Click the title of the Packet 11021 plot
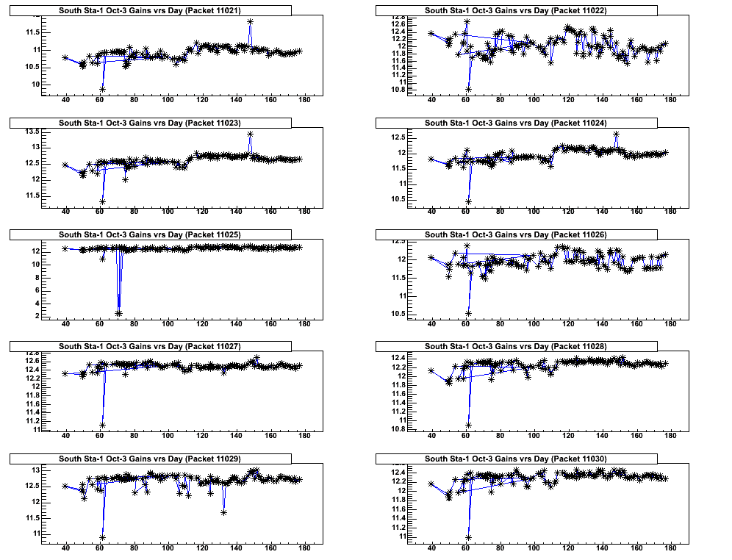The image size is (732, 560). [x=150, y=10]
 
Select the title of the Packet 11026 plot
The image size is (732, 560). [x=516, y=234]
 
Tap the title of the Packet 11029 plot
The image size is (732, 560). [x=150, y=459]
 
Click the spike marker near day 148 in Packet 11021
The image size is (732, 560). [x=251, y=22]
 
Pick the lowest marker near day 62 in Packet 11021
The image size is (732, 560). [x=103, y=89]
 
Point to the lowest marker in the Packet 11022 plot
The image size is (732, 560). [x=469, y=90]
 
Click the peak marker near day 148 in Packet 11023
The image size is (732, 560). [x=251, y=134]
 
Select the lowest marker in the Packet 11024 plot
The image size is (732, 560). [x=469, y=201]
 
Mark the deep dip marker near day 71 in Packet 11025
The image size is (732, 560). [x=118, y=313]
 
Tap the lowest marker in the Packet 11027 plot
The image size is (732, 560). [x=103, y=425]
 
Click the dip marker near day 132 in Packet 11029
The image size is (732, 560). [x=223, y=512]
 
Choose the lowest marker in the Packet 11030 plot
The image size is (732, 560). [x=469, y=537]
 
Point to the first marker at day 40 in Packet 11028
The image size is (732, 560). [x=431, y=370]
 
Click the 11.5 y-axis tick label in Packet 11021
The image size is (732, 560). [x=34, y=32]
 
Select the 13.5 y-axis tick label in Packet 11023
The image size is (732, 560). [x=34, y=132]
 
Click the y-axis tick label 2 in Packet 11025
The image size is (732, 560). [x=38, y=315]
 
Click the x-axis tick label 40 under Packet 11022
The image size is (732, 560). [x=431, y=101]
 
